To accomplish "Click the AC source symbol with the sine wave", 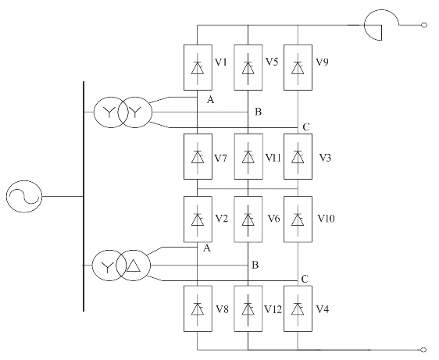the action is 24,197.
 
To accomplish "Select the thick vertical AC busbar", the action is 84,196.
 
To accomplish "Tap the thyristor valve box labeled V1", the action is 198,67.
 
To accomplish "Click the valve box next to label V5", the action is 248,67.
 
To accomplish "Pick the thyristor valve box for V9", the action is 298,67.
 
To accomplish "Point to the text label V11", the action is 273,159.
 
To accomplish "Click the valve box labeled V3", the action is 298,156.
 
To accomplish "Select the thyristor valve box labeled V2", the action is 198,219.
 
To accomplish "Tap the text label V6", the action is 273,219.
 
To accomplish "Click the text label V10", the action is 326,219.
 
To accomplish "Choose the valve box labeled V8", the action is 198,308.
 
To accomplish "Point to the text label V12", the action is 273,309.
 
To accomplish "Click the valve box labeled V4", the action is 298,308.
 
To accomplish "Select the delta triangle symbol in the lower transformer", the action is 134,266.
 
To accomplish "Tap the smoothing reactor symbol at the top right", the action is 381,25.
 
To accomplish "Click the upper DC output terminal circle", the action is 424,25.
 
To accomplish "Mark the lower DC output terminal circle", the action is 424,350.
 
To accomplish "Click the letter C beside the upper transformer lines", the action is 306,127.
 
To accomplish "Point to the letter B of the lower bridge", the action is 255,265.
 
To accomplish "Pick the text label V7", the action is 220,159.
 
